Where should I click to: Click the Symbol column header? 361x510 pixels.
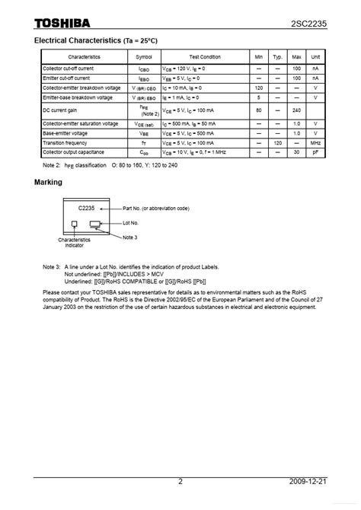coord(143,57)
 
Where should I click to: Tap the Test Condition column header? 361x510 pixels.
coord(205,57)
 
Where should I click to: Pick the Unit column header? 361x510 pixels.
coord(315,57)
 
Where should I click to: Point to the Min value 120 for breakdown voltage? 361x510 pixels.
coord(259,88)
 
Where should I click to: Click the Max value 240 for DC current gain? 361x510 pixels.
coord(297,110)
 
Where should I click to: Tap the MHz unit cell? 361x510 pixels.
coord(315,142)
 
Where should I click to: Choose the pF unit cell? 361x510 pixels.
coord(315,151)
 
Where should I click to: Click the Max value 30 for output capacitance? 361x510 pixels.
coord(297,151)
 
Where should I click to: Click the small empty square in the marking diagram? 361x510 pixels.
coord(74,224)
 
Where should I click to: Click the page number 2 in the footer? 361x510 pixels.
coord(180,502)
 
